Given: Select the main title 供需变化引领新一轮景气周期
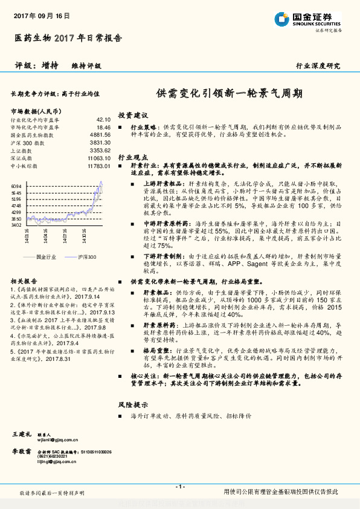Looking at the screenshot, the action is [x=230, y=94].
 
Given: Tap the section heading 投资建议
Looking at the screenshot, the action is [x=132, y=115].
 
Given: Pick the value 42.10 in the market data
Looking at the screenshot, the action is [x=103, y=120].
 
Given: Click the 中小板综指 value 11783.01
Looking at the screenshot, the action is [x=99, y=165].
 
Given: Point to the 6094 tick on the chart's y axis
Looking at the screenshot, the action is [x=16, y=186].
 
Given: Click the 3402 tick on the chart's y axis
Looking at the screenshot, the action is [x=16, y=225].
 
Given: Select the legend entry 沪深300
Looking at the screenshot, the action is [x=87, y=257].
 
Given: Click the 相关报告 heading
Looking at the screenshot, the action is [x=25, y=282].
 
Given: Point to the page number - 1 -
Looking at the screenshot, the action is [x=179, y=487].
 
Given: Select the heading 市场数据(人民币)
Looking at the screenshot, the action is [x=36, y=111].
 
